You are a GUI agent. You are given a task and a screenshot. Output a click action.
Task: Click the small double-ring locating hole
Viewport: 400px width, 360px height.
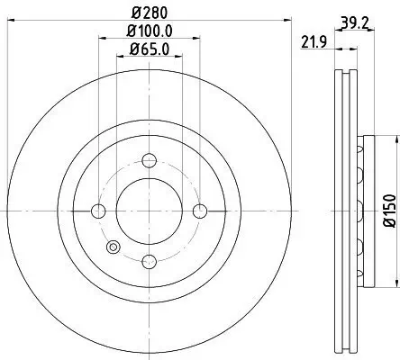pos(113,249)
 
